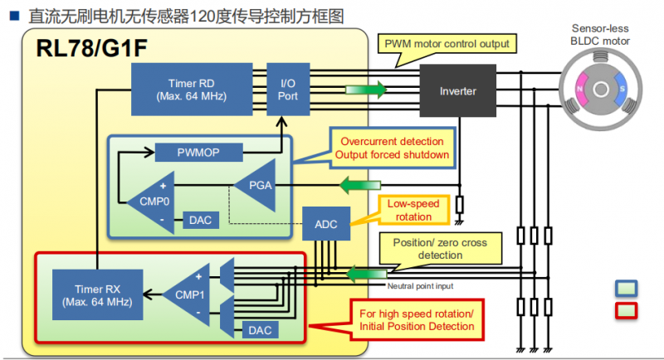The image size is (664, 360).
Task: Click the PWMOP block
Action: click(x=198, y=153)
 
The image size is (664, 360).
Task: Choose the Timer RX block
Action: click(x=92, y=293)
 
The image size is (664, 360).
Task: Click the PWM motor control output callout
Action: click(x=445, y=43)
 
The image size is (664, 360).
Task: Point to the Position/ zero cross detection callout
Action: click(x=439, y=248)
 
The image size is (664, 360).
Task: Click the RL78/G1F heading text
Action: click(x=91, y=49)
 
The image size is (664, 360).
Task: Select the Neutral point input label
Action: click(x=420, y=286)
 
